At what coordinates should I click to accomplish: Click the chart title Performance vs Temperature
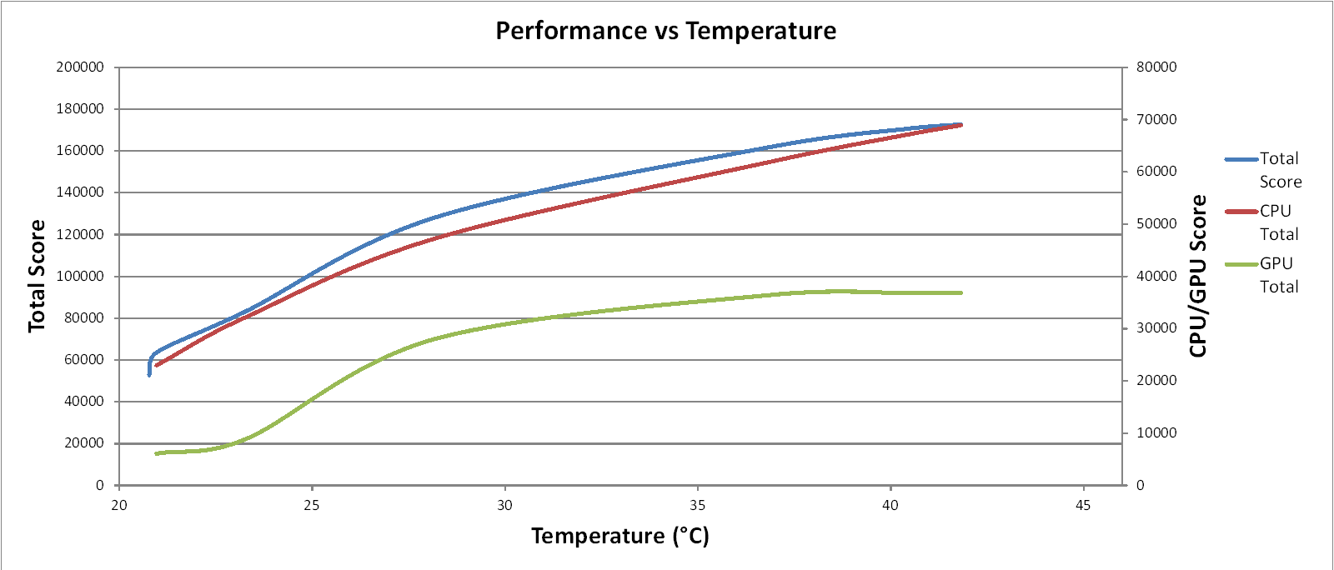pyautogui.click(x=665, y=31)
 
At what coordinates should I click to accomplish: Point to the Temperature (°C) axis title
pyautogui.click(x=620, y=536)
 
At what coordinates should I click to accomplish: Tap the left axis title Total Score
pyautogui.click(x=36, y=276)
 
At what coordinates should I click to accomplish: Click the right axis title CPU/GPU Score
pyautogui.click(x=1198, y=276)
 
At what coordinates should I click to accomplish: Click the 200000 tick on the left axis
pyautogui.click(x=80, y=67)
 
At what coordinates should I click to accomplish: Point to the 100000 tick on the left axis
pyautogui.click(x=80, y=277)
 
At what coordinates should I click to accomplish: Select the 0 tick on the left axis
pyautogui.click(x=100, y=485)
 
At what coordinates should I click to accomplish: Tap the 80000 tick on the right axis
pyautogui.click(x=1156, y=67)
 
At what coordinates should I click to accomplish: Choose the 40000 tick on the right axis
pyautogui.click(x=1156, y=277)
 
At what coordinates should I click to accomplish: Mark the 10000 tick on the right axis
pyautogui.click(x=1156, y=433)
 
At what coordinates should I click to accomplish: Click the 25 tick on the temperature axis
pyautogui.click(x=312, y=505)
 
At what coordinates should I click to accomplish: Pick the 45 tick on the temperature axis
pyautogui.click(x=1083, y=505)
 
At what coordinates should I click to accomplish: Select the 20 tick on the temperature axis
pyautogui.click(x=119, y=505)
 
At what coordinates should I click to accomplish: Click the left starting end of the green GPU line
pyautogui.click(x=156, y=453)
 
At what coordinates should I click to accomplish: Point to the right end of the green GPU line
pyautogui.click(x=961, y=292)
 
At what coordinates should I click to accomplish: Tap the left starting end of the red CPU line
pyautogui.click(x=156, y=365)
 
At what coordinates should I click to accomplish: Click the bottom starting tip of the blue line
pyautogui.click(x=149, y=375)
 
